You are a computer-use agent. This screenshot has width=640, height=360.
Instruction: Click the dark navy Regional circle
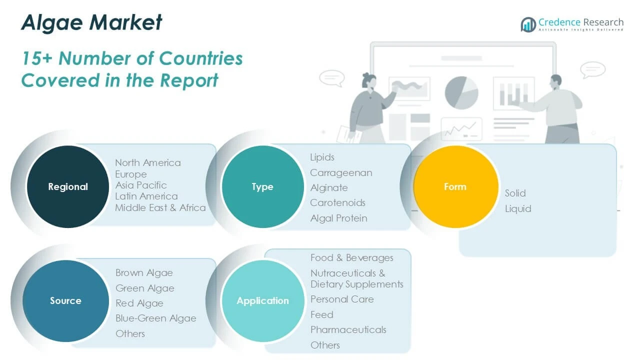[x=68, y=186]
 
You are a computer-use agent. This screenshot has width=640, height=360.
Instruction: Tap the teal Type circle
[x=263, y=186]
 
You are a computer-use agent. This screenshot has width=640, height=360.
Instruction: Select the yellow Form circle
[x=455, y=186]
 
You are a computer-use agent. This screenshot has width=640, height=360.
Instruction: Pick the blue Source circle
[x=66, y=300]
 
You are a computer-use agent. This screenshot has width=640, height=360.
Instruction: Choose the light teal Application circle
[x=263, y=300]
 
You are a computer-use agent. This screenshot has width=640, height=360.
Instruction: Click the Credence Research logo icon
[x=528, y=24]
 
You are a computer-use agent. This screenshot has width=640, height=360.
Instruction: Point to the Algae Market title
[x=91, y=22]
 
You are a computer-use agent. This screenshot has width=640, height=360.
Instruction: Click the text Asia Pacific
[x=141, y=185]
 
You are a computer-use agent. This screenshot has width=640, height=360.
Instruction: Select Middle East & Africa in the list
[x=160, y=207]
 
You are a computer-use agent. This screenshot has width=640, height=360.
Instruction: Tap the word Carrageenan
[x=341, y=173]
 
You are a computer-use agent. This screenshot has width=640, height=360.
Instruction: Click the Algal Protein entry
[x=339, y=218]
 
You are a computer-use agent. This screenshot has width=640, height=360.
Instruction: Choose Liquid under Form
[x=518, y=208]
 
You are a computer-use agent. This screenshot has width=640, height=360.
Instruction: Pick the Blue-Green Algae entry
[x=156, y=318]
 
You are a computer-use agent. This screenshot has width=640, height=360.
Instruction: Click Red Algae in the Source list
[x=139, y=303]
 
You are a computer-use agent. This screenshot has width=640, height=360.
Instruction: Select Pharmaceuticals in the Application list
[x=348, y=329]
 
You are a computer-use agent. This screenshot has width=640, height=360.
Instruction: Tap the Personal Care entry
[x=342, y=299]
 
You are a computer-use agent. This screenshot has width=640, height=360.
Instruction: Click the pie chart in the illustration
[x=461, y=93]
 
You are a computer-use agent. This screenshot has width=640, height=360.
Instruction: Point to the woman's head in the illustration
[x=369, y=80]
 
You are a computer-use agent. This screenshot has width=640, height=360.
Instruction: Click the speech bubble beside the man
[x=592, y=69]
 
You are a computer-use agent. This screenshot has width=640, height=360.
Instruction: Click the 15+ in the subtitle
[x=37, y=58]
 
